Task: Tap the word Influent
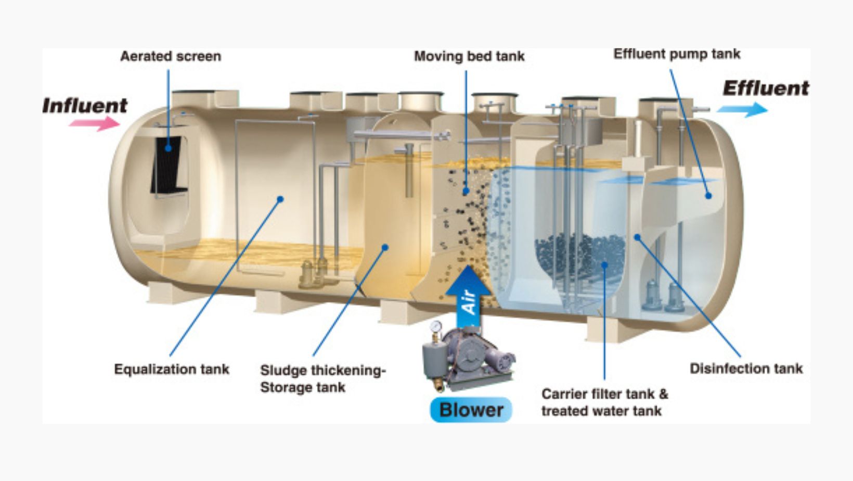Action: [85, 106]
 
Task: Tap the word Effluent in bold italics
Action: [766, 88]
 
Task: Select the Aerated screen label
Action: [171, 56]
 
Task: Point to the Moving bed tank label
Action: [469, 56]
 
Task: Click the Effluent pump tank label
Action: [677, 54]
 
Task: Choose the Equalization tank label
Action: [172, 369]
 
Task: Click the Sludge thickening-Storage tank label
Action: [322, 378]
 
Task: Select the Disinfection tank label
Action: [746, 369]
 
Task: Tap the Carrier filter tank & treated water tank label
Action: [604, 402]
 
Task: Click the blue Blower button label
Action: [471, 410]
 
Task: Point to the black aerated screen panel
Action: [168, 164]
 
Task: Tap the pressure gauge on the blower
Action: [436, 326]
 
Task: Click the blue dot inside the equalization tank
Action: [280, 199]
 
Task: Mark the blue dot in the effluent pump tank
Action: [708, 196]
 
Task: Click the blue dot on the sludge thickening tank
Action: [385, 247]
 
